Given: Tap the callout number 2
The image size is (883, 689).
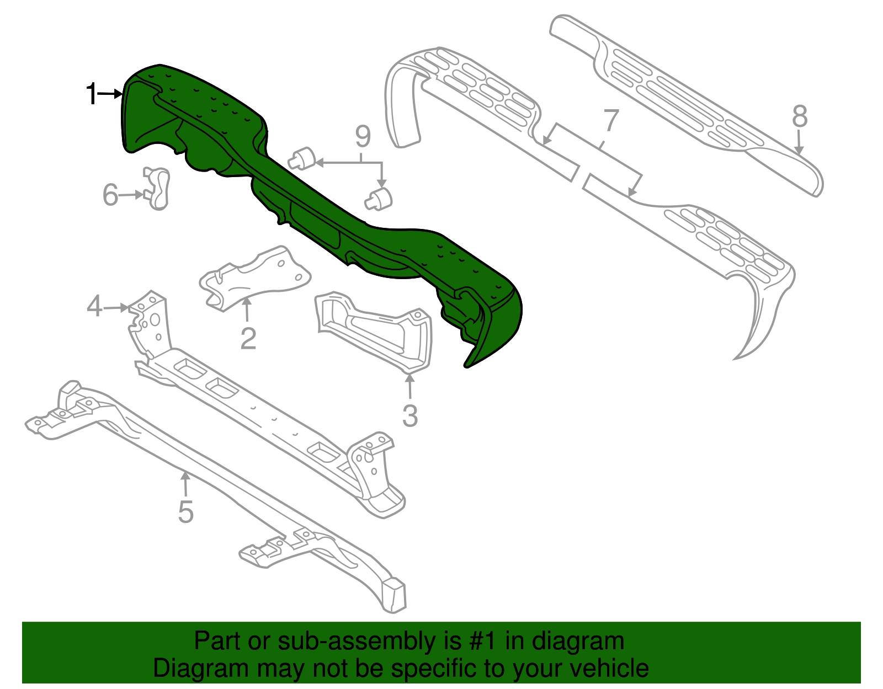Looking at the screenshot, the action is tap(248, 338).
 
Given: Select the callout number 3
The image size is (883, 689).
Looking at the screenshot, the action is tap(409, 416).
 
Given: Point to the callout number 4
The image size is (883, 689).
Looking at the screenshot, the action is tap(94, 306).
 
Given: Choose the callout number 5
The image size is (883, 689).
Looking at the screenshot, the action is tap(185, 511).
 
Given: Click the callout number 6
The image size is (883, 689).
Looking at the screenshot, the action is tap(110, 195).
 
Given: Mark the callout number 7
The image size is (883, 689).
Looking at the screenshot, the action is tap(611, 121).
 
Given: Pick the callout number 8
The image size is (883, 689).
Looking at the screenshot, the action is tap(800, 117).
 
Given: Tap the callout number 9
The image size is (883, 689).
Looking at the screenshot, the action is tap(363, 136).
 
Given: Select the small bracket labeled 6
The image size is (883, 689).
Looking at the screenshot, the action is tap(157, 189).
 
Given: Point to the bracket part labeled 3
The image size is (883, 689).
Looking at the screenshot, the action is tap(375, 331).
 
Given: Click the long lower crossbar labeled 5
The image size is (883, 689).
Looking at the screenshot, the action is tap(221, 485).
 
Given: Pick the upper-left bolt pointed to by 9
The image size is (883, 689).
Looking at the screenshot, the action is tap(301, 158).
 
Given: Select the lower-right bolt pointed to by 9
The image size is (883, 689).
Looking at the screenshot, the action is tap(379, 198).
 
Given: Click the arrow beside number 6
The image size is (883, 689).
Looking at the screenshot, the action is tap(130, 195).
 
